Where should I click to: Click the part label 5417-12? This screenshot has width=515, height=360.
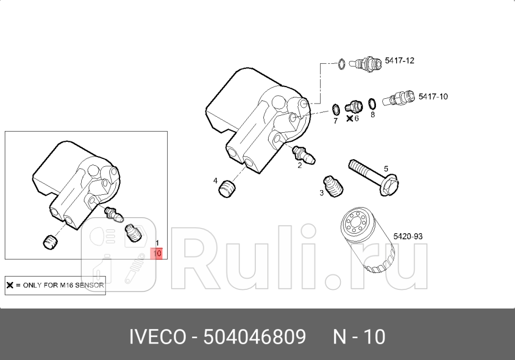[399, 61]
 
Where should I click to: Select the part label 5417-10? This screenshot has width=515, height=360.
[433, 96]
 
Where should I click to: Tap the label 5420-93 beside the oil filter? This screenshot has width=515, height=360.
[408, 236]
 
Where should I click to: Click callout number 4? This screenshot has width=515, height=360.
[216, 181]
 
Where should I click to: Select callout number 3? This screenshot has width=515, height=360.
[322, 193]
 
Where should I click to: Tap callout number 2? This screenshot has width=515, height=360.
[299, 165]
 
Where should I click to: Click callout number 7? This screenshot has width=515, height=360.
[335, 121]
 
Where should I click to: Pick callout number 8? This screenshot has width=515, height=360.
[373, 114]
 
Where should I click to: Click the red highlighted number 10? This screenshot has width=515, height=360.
[157, 254]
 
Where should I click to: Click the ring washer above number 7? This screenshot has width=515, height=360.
[336, 110]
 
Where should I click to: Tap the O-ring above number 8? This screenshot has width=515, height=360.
[373, 102]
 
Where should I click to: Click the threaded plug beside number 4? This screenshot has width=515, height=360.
[228, 188]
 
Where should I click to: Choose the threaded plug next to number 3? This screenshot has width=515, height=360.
[333, 186]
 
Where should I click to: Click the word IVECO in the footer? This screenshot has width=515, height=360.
[157, 337]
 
